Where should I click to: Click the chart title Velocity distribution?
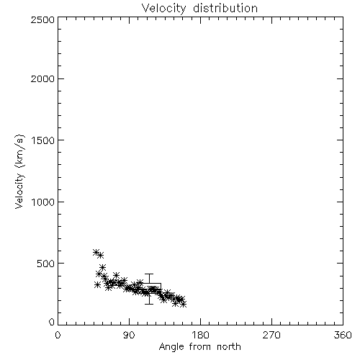click(x=199, y=9)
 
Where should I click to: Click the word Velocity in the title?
click(x=163, y=9)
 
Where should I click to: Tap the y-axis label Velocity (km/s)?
click(x=19, y=171)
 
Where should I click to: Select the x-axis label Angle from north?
click(x=199, y=347)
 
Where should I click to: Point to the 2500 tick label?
click(x=42, y=19)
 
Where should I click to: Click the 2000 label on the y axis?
click(x=42, y=78)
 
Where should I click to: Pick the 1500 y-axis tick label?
click(x=43, y=140)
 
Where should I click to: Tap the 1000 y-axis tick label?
click(x=43, y=202)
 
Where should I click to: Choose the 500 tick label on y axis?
click(x=46, y=264)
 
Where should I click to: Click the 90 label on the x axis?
click(x=129, y=335)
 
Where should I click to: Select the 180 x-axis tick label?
click(x=200, y=335)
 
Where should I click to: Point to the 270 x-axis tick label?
click(x=271, y=335)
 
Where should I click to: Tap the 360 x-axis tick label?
click(x=343, y=335)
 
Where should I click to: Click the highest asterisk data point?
click(x=96, y=252)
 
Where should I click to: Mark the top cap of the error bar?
click(x=149, y=274)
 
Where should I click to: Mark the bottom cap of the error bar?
click(x=149, y=304)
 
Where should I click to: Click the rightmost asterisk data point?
click(x=184, y=305)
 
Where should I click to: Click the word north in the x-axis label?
click(x=229, y=347)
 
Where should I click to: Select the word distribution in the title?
click(x=225, y=9)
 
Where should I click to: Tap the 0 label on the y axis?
click(x=52, y=322)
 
